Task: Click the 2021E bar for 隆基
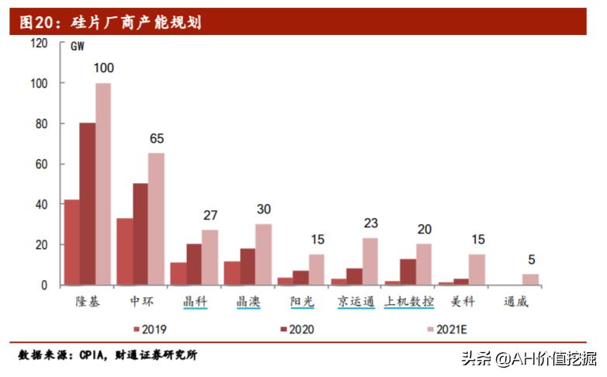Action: (x=103, y=184)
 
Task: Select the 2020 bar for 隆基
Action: (x=87, y=204)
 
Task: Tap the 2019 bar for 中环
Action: (x=124, y=251)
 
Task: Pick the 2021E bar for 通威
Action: (x=530, y=280)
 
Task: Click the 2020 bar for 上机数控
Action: (x=407, y=272)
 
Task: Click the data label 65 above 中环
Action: (x=157, y=139)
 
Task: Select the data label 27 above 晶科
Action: (x=210, y=215)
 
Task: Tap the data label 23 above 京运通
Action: (x=370, y=223)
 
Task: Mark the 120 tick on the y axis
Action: (x=38, y=43)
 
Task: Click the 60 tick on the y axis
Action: (x=41, y=164)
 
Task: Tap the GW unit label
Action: (x=78, y=47)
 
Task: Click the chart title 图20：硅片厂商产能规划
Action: (x=109, y=22)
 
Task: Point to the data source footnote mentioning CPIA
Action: (x=108, y=355)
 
